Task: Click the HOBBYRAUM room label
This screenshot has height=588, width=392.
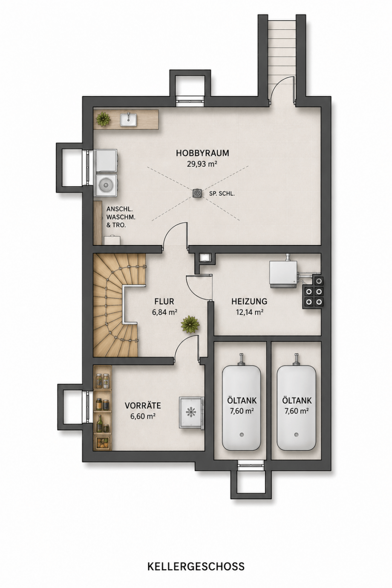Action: [x=202, y=153]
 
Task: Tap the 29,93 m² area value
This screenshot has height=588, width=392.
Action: [x=202, y=164]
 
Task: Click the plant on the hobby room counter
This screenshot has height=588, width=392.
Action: [x=103, y=119]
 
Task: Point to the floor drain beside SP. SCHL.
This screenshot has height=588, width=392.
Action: [x=197, y=193]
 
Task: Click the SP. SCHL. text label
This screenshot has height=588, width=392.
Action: [x=222, y=194]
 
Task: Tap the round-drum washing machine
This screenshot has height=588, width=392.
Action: [x=106, y=184]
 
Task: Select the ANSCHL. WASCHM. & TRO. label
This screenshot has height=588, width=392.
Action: [x=120, y=217]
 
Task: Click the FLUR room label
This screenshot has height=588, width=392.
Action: [x=164, y=301]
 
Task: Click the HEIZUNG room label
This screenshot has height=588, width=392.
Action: [x=249, y=301]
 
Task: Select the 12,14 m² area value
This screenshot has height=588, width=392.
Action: [x=249, y=312]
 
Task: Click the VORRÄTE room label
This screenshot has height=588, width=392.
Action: [x=143, y=406]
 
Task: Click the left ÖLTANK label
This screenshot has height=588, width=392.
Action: [x=242, y=401]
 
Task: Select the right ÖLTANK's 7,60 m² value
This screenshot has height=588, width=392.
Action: [x=297, y=411]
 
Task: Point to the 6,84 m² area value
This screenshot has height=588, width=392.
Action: [x=164, y=312]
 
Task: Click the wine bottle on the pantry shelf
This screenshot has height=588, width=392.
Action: [x=100, y=423]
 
